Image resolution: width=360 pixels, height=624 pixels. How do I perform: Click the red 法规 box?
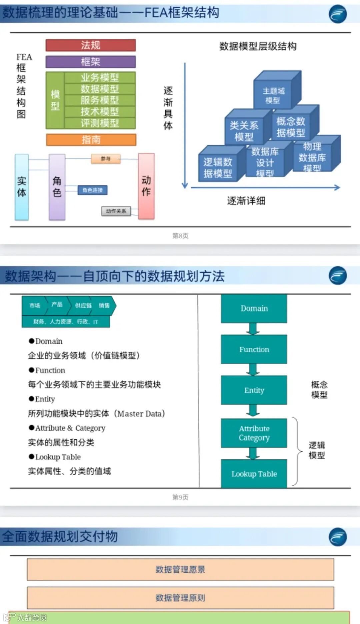click(x=90, y=45)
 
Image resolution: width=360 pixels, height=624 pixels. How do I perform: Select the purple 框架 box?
click(x=90, y=62)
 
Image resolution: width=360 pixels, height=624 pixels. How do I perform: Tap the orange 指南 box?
click(x=91, y=140)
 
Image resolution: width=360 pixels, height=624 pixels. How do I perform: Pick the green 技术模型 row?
click(x=100, y=112)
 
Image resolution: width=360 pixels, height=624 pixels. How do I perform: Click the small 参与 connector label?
click(x=106, y=159)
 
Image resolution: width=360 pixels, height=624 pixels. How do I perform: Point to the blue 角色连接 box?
click(x=92, y=190)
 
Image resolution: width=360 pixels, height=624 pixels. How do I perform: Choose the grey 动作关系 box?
click(x=116, y=211)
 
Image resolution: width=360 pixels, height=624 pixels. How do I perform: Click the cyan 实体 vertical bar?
click(x=22, y=187)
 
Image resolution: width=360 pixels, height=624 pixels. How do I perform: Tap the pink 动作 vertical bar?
click(x=146, y=186)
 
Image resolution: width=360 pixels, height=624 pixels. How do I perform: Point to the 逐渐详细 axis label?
click(x=246, y=201)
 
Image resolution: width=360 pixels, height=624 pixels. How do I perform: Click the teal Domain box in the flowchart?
click(x=254, y=308)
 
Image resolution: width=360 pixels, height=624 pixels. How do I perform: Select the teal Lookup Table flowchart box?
click(x=254, y=474)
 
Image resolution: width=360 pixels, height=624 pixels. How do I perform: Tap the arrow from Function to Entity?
click(x=253, y=369)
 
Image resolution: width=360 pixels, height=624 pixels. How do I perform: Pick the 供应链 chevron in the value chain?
click(x=83, y=305)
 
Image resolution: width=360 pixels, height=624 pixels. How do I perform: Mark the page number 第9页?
click(x=180, y=497)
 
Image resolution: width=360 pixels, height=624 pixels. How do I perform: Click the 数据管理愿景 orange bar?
click(x=180, y=569)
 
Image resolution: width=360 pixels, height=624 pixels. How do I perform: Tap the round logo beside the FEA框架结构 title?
click(x=338, y=14)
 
